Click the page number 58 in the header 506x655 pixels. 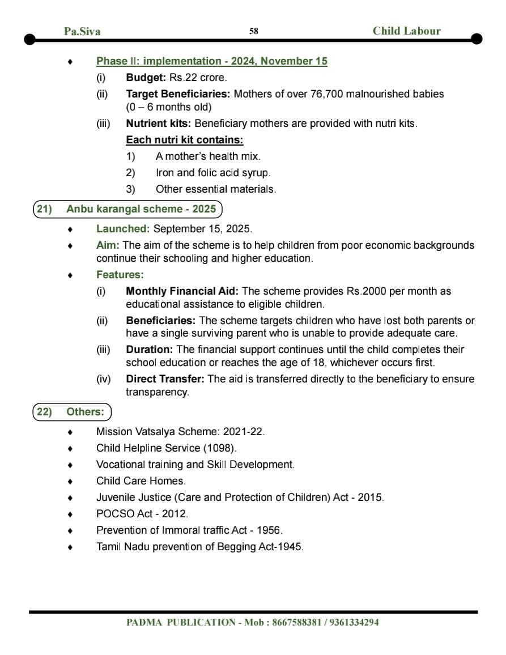(x=253, y=31)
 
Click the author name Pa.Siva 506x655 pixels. (x=82, y=32)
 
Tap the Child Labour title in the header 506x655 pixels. (x=406, y=31)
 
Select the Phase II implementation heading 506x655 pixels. (x=211, y=61)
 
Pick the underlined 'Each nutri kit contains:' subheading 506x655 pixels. (x=185, y=140)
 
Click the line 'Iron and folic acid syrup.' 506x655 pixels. (x=213, y=173)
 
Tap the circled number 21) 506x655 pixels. (x=44, y=209)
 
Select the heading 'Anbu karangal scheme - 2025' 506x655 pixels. (x=141, y=209)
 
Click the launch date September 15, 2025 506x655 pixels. (x=202, y=229)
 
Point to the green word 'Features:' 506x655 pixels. (x=120, y=275)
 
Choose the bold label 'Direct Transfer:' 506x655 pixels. (x=165, y=379)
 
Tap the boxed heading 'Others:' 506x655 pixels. (x=86, y=412)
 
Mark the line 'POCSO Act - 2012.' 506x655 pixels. (x=142, y=514)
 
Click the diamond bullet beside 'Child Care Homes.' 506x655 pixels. (x=70, y=482)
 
